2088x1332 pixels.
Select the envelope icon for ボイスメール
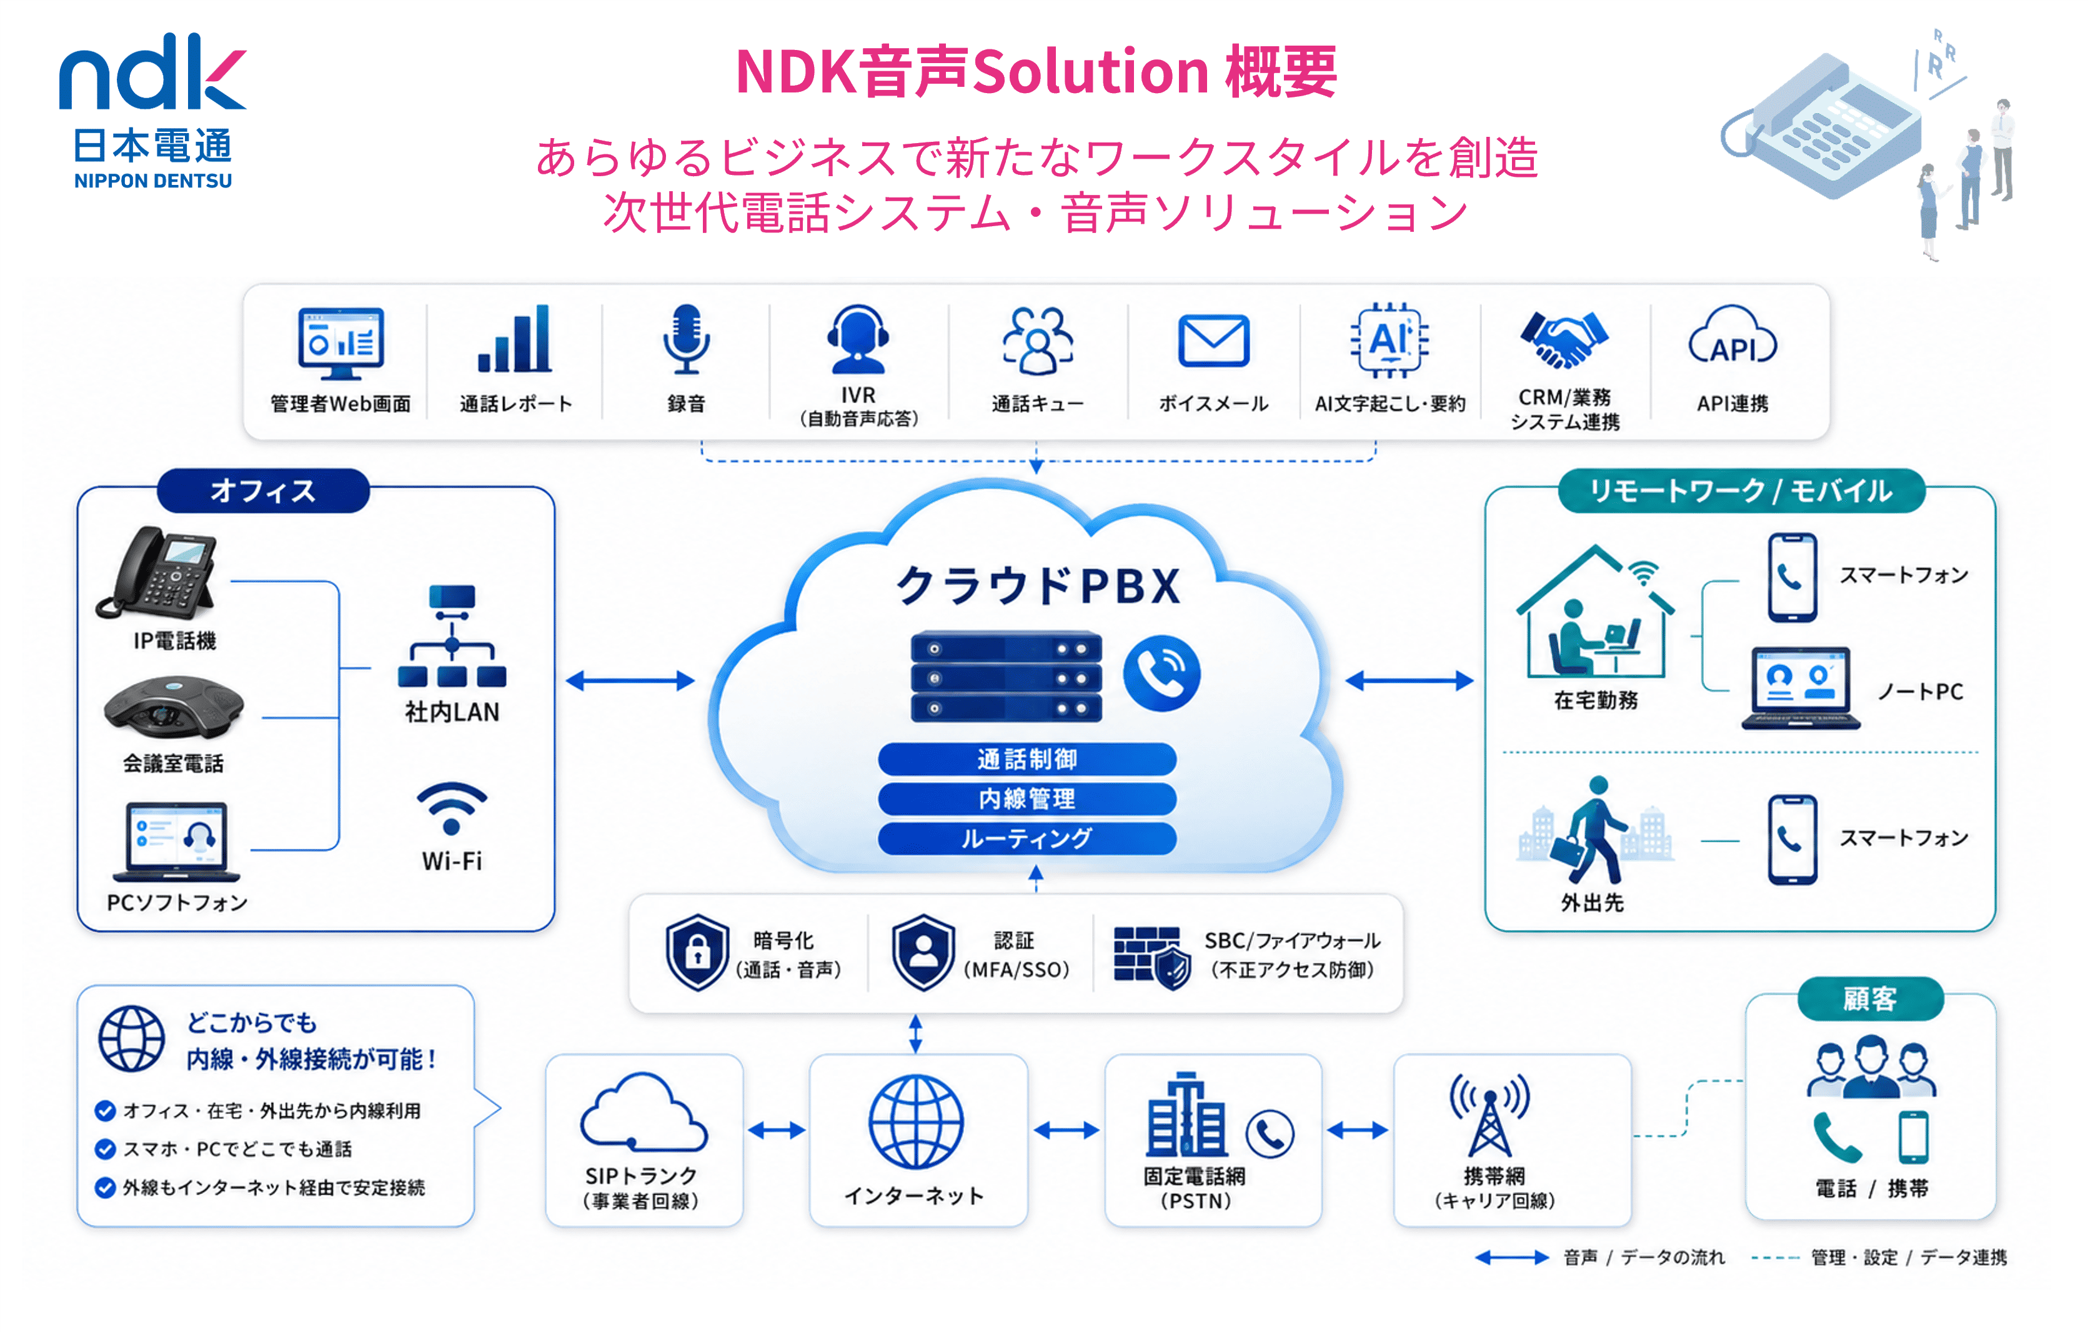tap(1213, 340)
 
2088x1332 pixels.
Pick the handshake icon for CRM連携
tap(1564, 339)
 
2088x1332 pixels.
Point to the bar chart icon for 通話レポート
tap(514, 338)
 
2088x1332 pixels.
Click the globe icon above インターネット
tap(917, 1121)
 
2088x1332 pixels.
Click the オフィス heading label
tap(263, 491)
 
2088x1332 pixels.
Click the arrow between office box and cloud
tap(630, 681)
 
